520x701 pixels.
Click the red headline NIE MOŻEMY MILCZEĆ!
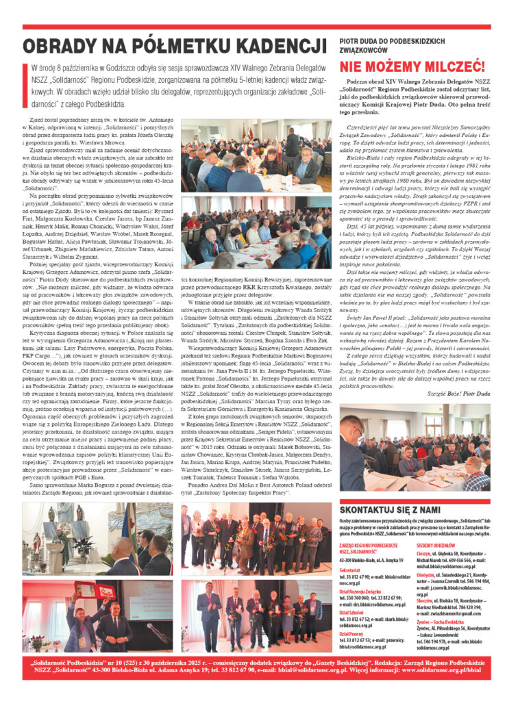412,67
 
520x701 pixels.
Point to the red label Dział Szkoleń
352,613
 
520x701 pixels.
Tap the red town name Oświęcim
426,576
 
